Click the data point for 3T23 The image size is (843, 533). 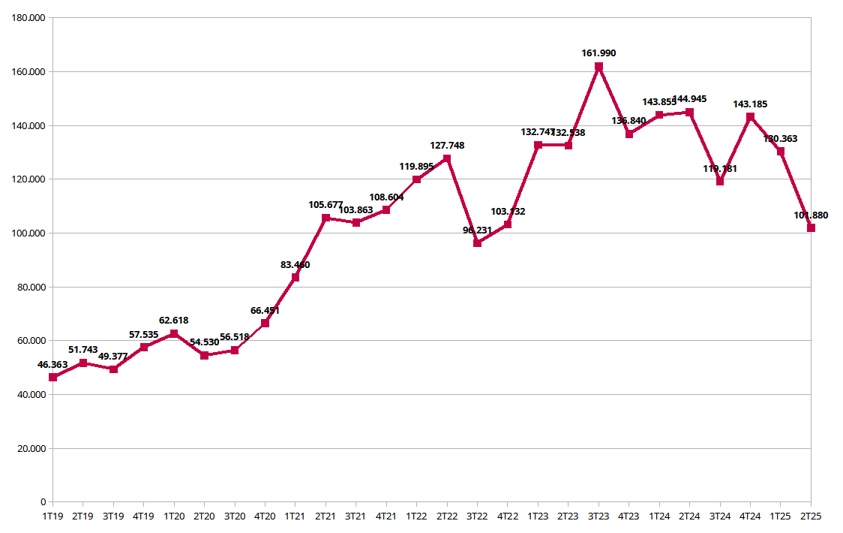coord(598,67)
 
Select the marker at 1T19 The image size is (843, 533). coord(53,377)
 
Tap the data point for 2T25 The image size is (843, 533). coord(811,228)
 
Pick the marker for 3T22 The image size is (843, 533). coord(477,243)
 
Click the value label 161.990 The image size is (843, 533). coord(598,53)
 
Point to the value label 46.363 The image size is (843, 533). coord(53,365)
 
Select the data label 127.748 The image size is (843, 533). coord(447,146)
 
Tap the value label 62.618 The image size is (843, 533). coord(174,321)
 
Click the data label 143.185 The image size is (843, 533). coord(750,104)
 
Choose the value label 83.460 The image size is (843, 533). coord(295,265)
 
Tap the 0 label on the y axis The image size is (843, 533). coord(43,502)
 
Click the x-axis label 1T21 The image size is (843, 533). coord(295,516)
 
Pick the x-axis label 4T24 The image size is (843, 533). coord(750,516)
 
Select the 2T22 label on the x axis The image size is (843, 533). coord(447,516)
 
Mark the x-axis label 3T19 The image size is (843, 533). coord(113,516)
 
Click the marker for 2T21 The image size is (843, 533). coord(325,218)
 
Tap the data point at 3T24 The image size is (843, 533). coord(720,181)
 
